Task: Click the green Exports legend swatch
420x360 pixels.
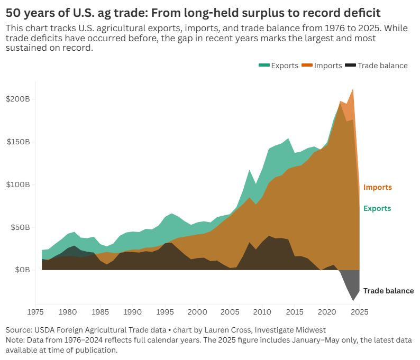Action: pyautogui.click(x=264, y=66)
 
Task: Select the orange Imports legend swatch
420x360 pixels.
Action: pyautogui.click(x=307, y=66)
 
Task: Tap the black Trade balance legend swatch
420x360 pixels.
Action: pyautogui.click(x=350, y=66)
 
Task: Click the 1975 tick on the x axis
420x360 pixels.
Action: pyautogui.click(x=35, y=312)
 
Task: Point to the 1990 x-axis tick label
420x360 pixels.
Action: pyautogui.click(x=132, y=312)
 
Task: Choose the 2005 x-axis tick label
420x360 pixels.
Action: pyautogui.click(x=230, y=312)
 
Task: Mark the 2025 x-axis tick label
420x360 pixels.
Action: pyautogui.click(x=359, y=312)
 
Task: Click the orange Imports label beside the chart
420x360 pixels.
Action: pyautogui.click(x=377, y=187)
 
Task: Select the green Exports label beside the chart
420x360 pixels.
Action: pyautogui.click(x=377, y=208)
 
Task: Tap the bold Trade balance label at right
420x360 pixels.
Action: pyautogui.click(x=388, y=291)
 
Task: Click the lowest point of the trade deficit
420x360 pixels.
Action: pyautogui.click(x=353, y=301)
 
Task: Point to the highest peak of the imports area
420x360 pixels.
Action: pyautogui.click(x=353, y=89)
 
